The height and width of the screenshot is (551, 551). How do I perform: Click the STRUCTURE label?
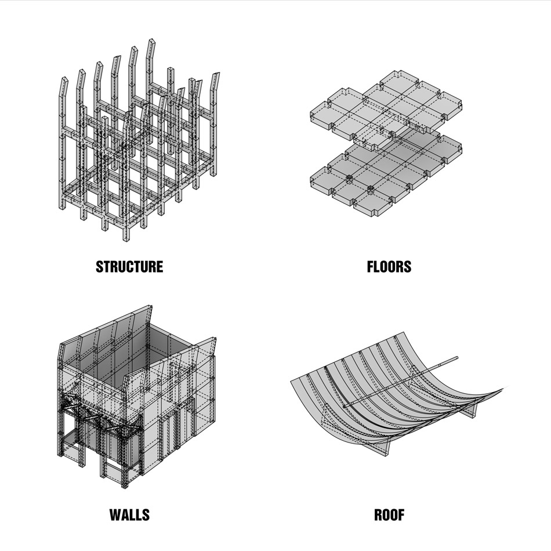point(129,267)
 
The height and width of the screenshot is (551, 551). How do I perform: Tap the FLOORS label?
point(389,267)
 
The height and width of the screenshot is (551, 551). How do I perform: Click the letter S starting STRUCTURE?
point(100,267)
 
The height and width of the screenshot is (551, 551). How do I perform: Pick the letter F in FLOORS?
point(371,267)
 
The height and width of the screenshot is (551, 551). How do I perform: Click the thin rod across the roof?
point(401,382)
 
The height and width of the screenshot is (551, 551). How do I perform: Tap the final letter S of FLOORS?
point(407,267)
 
